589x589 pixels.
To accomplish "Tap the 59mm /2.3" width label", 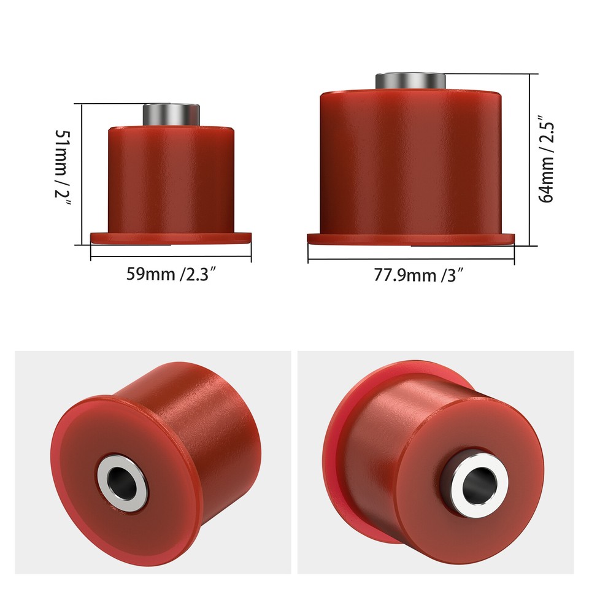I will [171, 273].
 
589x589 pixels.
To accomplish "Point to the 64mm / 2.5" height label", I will [546, 158].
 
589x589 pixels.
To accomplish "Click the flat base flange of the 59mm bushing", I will [171, 237].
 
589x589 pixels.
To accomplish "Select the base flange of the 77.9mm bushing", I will [410, 239].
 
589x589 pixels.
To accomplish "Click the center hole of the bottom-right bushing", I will [477, 483].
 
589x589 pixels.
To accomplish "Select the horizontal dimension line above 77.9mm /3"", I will [410, 259].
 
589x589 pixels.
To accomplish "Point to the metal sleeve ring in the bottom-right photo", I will [460, 466].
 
